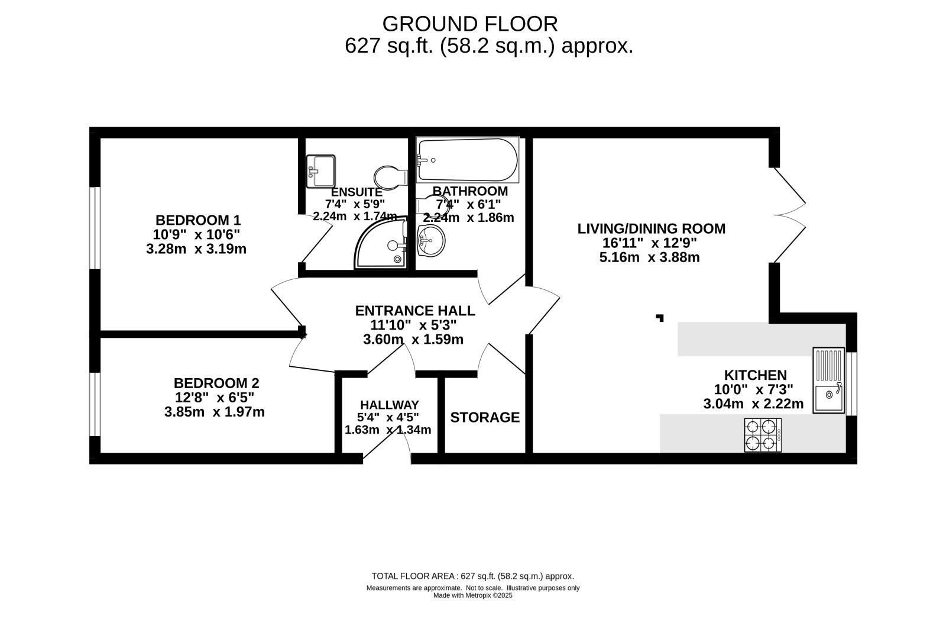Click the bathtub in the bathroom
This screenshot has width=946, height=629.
[x=468, y=160]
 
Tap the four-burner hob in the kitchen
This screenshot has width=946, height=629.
[x=763, y=435]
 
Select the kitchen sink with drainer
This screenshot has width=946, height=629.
[x=828, y=380]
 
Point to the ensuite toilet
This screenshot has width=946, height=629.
[x=391, y=177]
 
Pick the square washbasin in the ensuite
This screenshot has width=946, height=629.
[x=320, y=171]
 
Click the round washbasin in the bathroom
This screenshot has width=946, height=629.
[x=431, y=240]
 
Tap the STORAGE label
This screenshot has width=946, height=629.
[x=485, y=417]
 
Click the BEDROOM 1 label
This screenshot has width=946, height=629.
[x=198, y=220]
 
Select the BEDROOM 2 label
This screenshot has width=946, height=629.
[x=216, y=383]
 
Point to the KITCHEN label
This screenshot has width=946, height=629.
[x=756, y=375]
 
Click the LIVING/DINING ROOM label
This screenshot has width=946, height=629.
[x=651, y=228]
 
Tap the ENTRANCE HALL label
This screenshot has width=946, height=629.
[x=415, y=311]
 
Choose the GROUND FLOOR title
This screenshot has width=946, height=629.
[x=470, y=24]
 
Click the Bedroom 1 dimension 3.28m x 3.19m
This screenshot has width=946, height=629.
[x=196, y=249]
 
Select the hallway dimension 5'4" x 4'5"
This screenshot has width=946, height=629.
[x=388, y=417]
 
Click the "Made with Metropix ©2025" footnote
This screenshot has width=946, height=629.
[x=472, y=595]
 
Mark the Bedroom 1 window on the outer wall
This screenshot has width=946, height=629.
[x=95, y=228]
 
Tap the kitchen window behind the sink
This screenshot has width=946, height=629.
[x=851, y=383]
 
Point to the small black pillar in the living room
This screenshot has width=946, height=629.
[x=660, y=318]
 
